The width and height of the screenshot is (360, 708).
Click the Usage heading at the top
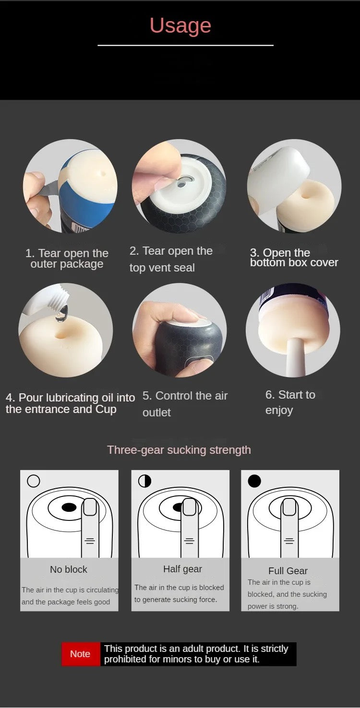coord(180,25)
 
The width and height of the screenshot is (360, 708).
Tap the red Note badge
coord(81,654)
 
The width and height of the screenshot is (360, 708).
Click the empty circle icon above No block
coord(34,481)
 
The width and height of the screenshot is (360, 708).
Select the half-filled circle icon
coord(144,481)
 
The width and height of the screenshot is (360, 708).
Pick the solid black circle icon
coord(254,481)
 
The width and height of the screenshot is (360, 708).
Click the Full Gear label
coord(288,571)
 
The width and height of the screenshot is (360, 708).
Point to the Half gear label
coord(182,569)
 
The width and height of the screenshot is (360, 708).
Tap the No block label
coord(69,569)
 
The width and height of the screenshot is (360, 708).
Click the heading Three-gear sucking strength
coord(179,450)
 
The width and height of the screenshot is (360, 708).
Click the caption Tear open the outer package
coord(67,259)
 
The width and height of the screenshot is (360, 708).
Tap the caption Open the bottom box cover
coord(294,258)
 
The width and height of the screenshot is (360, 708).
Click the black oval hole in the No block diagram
coord(69,507)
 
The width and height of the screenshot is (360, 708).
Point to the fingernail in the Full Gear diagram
coord(289,507)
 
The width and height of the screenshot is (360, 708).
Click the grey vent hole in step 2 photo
coord(181,184)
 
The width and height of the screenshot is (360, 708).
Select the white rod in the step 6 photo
coord(296,357)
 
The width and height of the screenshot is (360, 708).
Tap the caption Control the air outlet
coord(185,404)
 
